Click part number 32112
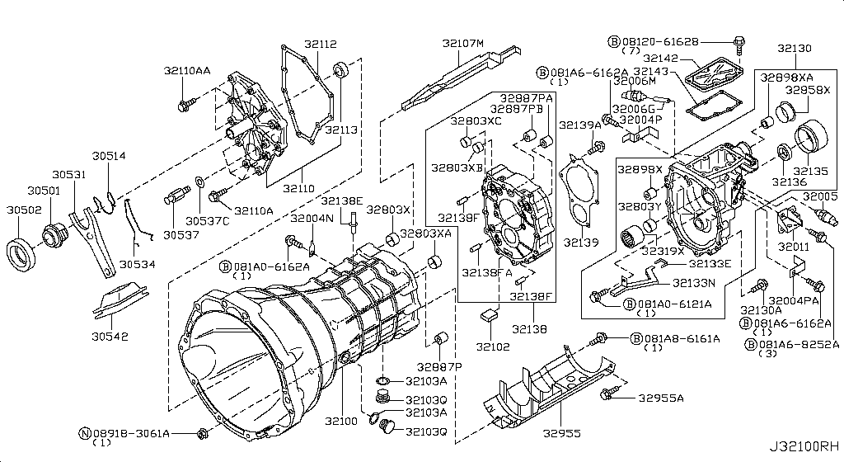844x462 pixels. pos(320,45)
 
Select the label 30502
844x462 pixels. pos(25,210)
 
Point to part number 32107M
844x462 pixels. pos(462,43)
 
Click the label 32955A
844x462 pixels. pos(660,398)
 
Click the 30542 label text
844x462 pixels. pos(110,337)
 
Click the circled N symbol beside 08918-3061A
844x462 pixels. pos(84,432)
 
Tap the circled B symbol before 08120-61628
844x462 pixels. pos(613,40)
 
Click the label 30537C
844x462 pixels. pos(203,220)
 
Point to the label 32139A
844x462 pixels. pos(579,125)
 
